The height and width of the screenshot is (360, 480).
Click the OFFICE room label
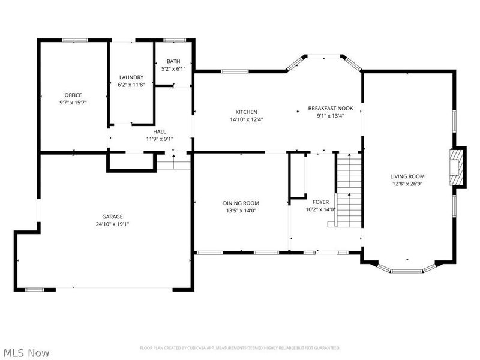point(73,95)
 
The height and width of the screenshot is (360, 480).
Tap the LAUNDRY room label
point(131,77)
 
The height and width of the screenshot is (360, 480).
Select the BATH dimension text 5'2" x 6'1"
point(173,69)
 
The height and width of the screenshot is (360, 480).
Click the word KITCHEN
point(246,112)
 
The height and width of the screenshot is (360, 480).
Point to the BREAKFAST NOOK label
point(331,108)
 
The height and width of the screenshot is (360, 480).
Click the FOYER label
point(320,202)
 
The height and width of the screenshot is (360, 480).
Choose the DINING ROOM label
point(241,203)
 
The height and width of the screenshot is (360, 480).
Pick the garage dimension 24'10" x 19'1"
point(112,224)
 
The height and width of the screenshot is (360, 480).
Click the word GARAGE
point(112,217)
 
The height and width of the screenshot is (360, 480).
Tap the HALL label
point(159,131)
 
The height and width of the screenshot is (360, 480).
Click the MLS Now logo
point(26,353)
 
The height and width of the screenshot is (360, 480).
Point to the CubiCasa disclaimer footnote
point(240,348)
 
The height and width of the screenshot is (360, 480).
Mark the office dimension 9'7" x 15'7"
point(73,103)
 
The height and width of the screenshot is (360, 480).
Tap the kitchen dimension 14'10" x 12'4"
point(246,119)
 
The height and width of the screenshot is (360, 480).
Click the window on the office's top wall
point(75,40)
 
